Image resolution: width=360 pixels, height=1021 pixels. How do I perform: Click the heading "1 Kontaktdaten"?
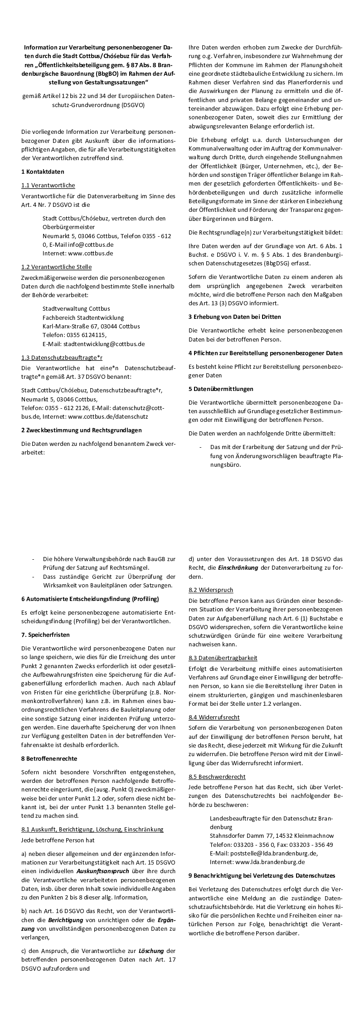pyautogui.click(x=43, y=172)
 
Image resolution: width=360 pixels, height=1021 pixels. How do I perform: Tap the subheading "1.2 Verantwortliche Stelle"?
pyautogui.click(x=56, y=267)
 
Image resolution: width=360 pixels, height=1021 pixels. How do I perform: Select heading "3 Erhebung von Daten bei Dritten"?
pyautogui.click(x=234, y=317)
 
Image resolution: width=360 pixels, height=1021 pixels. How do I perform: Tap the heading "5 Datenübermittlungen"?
pyautogui.click(x=221, y=389)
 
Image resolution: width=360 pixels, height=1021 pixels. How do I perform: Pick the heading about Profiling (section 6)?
pyautogui.click(x=90, y=599)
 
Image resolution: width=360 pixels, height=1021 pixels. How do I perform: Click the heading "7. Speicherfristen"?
pyautogui.click(x=45, y=635)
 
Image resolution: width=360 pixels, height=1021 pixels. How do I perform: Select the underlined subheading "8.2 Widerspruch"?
pyautogui.click(x=211, y=590)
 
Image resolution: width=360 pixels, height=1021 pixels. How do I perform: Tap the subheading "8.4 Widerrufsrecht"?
pyautogui.click(x=214, y=717)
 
